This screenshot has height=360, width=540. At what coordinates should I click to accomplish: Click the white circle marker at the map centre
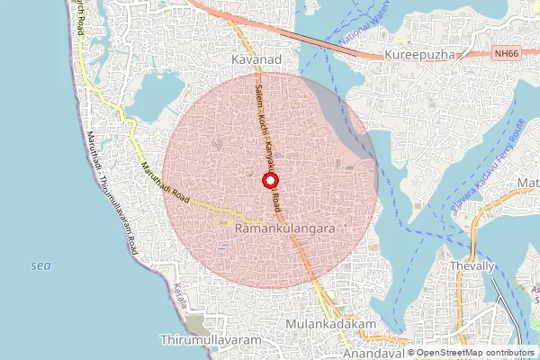270,180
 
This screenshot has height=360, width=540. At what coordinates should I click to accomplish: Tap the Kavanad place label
256,58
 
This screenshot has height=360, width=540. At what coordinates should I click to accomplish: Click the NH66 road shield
507,54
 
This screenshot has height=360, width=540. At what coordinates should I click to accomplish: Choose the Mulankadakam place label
329,322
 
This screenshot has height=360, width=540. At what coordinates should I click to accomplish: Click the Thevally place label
472,266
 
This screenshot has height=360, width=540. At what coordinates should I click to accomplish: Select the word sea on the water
40,265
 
